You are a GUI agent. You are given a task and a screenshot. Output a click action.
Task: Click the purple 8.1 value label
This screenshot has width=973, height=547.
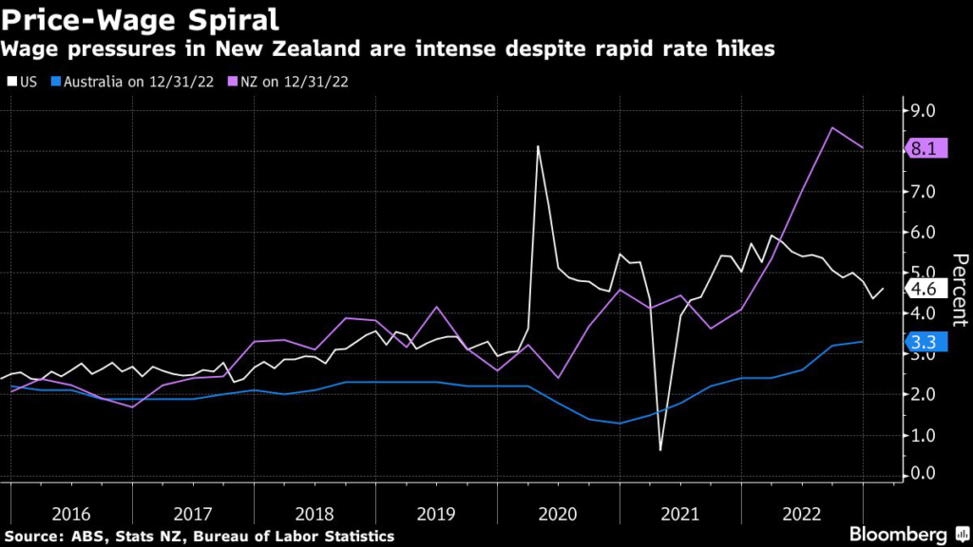pyautogui.click(x=927, y=148)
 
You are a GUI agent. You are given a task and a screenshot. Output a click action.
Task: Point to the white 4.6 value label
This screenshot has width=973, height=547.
pyautogui.click(x=925, y=289)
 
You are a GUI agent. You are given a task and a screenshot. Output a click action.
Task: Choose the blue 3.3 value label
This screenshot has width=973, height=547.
pyautogui.click(x=925, y=342)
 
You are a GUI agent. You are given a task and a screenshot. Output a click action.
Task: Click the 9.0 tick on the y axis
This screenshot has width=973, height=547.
pyautogui.click(x=923, y=111)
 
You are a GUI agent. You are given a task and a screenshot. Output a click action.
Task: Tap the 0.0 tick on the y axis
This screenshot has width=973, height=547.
pyautogui.click(x=923, y=474)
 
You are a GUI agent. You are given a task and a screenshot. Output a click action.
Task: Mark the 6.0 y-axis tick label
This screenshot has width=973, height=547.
pyautogui.click(x=923, y=232)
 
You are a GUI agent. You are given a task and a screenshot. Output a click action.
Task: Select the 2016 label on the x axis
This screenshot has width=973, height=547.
pyautogui.click(x=72, y=514)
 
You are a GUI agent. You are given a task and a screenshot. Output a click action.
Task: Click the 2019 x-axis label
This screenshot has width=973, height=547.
pyautogui.click(x=436, y=514)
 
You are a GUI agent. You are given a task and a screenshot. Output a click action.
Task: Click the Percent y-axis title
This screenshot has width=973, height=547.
pyautogui.click(x=959, y=291)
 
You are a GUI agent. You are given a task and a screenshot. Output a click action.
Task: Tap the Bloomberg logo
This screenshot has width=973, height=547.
pyautogui.click(x=900, y=534)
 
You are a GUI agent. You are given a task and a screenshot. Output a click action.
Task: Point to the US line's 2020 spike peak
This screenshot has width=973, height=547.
pyautogui.click(x=538, y=146)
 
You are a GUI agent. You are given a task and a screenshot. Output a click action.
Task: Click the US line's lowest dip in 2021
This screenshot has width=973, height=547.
pyautogui.click(x=659, y=449)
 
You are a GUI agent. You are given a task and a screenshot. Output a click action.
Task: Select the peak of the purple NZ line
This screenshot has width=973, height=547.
pyautogui.click(x=832, y=127)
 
